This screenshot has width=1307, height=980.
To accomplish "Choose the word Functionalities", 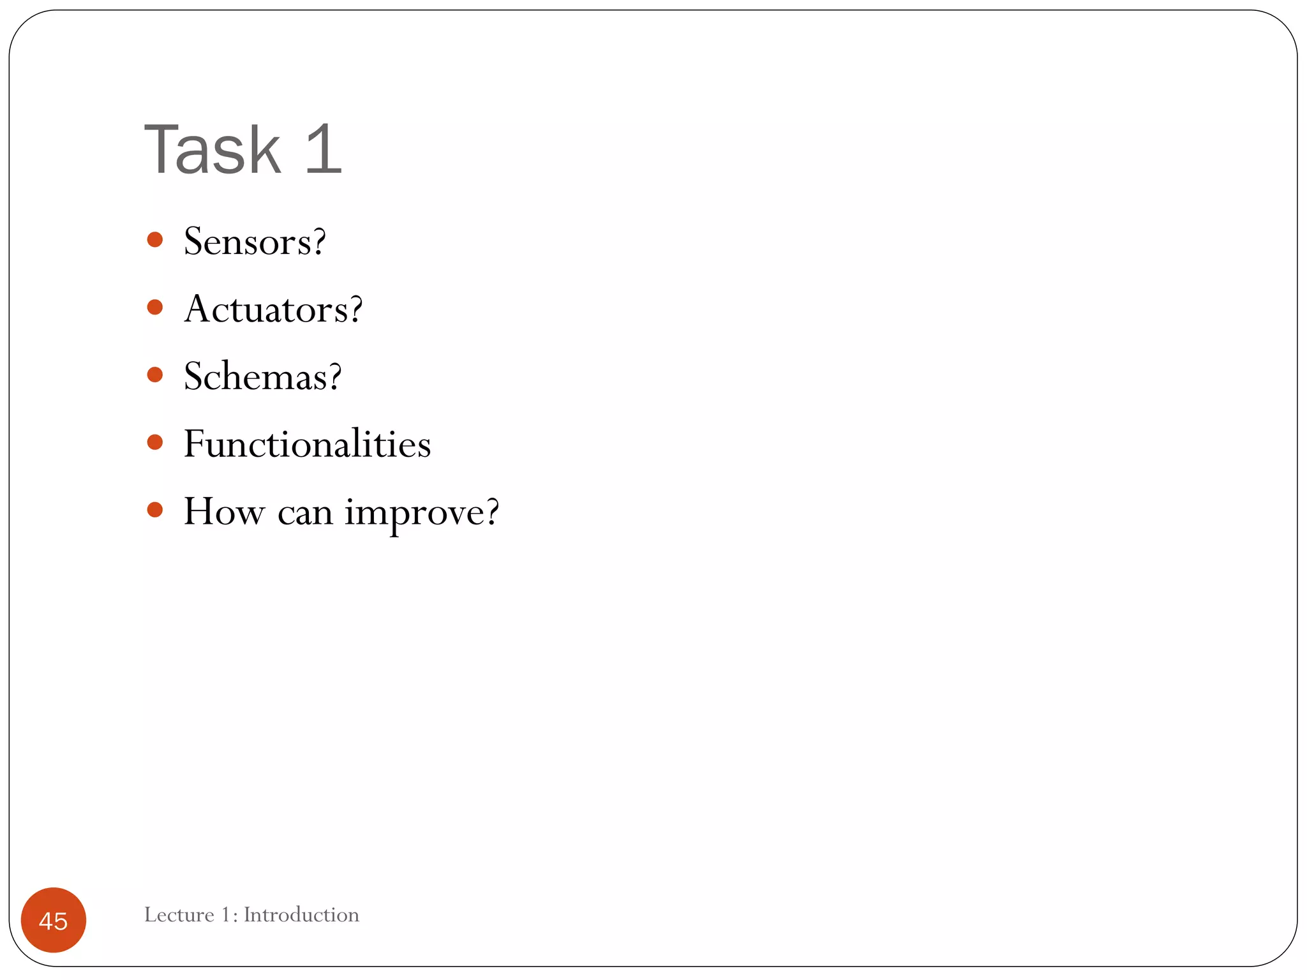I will coord(307,444).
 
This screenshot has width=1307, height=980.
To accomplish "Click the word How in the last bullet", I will coord(223,511).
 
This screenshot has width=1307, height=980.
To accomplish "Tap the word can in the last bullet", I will coord(305,512).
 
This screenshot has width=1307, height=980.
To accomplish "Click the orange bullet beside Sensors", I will coord(154,240).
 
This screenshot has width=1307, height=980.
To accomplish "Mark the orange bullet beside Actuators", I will coord(154,308).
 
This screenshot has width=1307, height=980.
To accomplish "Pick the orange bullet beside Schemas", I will coord(154,375).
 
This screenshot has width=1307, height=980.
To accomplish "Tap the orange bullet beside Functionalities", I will coord(154,442).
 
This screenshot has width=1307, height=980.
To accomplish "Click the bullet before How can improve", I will coord(154,509).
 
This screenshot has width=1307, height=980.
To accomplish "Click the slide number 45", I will coord(53,921).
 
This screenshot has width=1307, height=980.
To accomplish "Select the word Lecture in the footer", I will coord(179,915).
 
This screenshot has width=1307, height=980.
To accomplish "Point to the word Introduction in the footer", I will coord(301,915).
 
